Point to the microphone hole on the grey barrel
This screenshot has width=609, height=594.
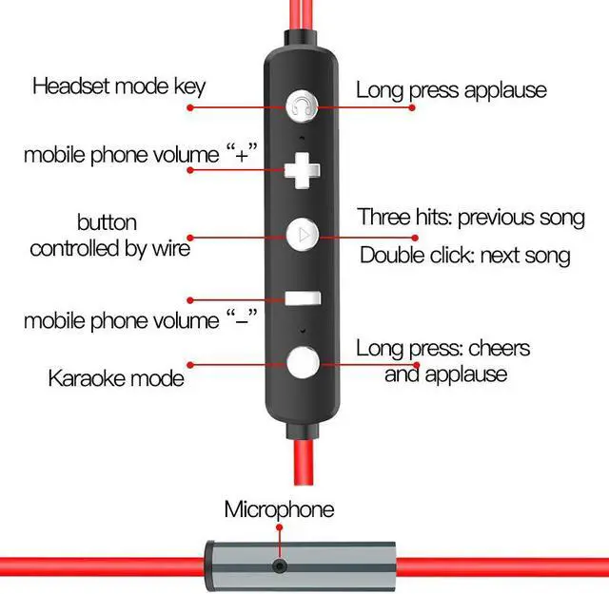coord(280,566)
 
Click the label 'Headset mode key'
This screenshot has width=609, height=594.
coord(119,86)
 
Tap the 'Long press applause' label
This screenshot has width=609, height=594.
coord(452,90)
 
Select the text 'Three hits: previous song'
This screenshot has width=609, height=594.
coord(471,217)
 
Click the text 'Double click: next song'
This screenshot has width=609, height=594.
coord(465,255)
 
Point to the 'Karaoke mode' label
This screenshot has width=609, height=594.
coord(115,377)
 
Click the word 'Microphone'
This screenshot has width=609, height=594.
coord(279,508)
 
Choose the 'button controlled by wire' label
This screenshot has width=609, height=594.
coord(109,236)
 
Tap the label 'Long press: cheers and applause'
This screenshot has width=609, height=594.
coord(444,360)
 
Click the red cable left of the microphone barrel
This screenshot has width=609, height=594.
coord(95,567)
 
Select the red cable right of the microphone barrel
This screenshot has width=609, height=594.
coord(504,567)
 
